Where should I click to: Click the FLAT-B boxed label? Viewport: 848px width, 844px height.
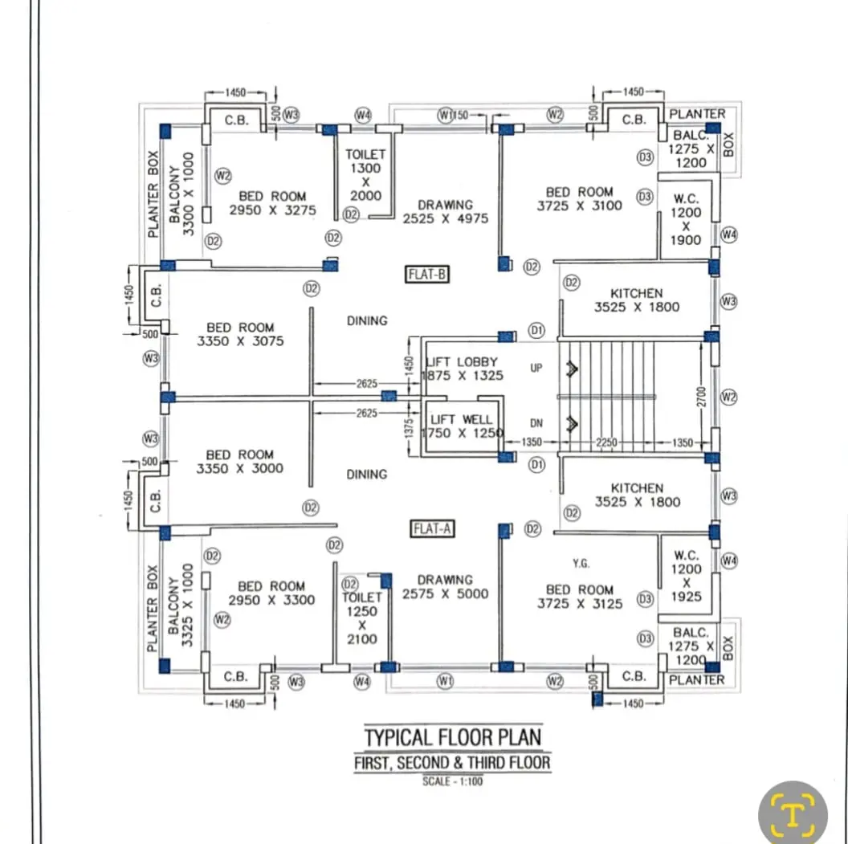tap(427, 274)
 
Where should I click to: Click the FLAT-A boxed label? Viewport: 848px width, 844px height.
tap(432, 528)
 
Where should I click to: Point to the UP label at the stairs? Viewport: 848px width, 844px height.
tap(536, 368)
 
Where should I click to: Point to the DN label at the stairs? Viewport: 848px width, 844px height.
tap(536, 423)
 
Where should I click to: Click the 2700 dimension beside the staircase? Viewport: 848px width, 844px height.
tap(701, 397)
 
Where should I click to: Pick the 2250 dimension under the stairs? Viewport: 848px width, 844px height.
tap(606, 442)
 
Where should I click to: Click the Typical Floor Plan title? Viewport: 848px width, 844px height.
tap(453, 737)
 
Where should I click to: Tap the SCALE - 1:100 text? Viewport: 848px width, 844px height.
tap(453, 781)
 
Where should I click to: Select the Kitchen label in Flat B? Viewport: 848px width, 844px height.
tap(637, 300)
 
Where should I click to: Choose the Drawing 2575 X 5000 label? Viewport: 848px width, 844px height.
tap(445, 587)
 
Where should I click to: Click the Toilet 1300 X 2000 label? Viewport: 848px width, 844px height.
tap(365, 175)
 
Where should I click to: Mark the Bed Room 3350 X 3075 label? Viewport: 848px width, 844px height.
tap(240, 334)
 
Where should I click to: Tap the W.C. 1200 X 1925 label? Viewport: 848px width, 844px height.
tap(687, 576)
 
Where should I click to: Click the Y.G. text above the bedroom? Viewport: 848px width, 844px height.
tap(581, 564)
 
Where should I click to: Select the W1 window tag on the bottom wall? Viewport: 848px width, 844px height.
tap(445, 681)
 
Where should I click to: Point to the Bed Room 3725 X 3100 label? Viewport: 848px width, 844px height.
tap(579, 198)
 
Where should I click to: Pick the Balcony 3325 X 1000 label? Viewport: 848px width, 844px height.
tap(181, 605)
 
